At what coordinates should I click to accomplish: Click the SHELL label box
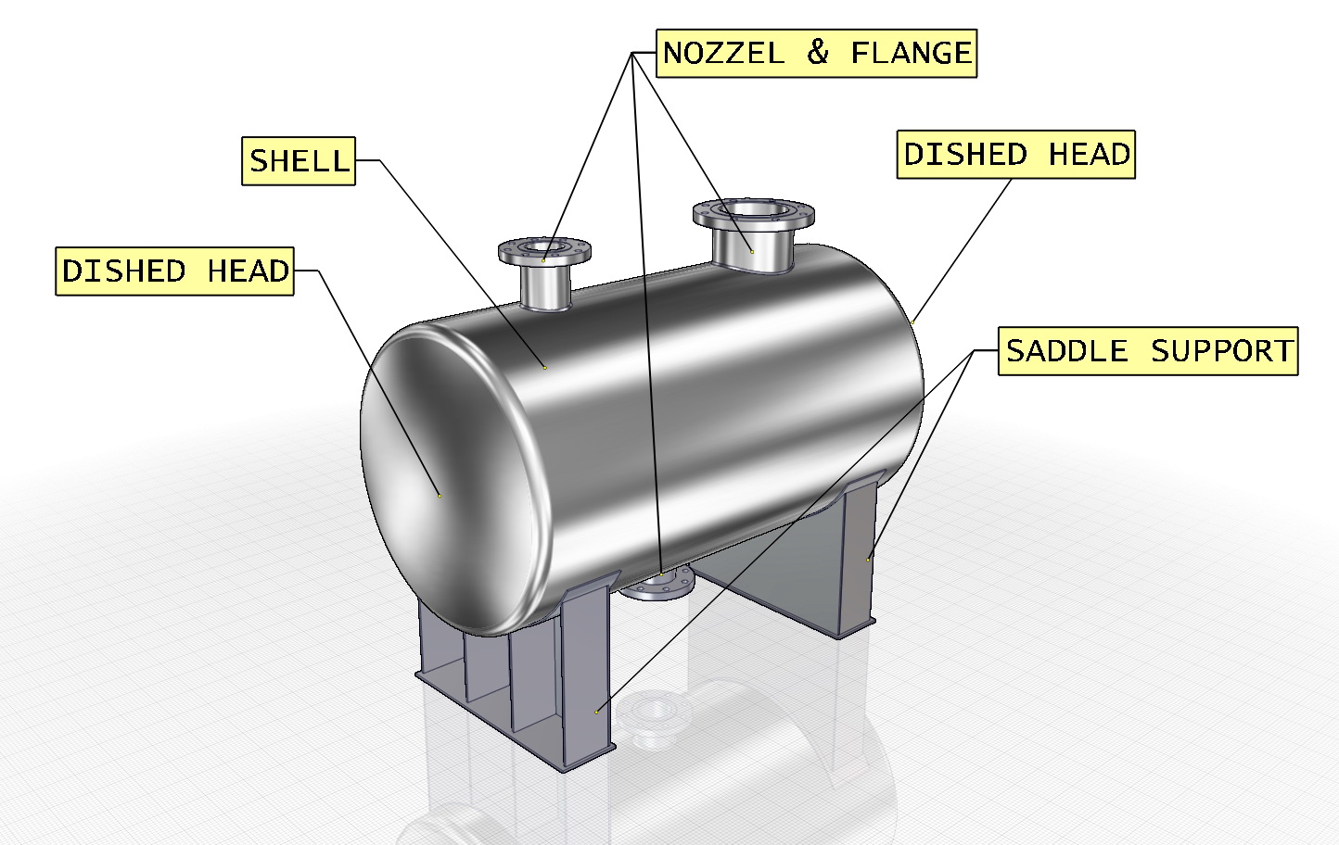tap(299, 161)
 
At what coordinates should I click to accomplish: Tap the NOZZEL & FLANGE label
tap(817, 53)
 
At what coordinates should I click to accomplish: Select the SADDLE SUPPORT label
tap(1148, 351)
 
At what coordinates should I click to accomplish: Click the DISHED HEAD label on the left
tap(174, 271)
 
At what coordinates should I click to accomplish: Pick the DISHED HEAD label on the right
tap(1016, 155)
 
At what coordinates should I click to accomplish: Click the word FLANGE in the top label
tap(911, 53)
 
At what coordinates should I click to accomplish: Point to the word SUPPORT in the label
tap(1221, 351)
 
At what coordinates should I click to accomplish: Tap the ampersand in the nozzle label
tap(817, 53)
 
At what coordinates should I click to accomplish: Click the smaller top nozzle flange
tap(544, 249)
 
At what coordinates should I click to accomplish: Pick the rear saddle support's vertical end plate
tap(860, 556)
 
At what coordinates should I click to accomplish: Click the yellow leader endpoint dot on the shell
tap(544, 368)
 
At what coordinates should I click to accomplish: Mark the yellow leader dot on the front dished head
tap(440, 496)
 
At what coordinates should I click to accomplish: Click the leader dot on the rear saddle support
tap(868, 559)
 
